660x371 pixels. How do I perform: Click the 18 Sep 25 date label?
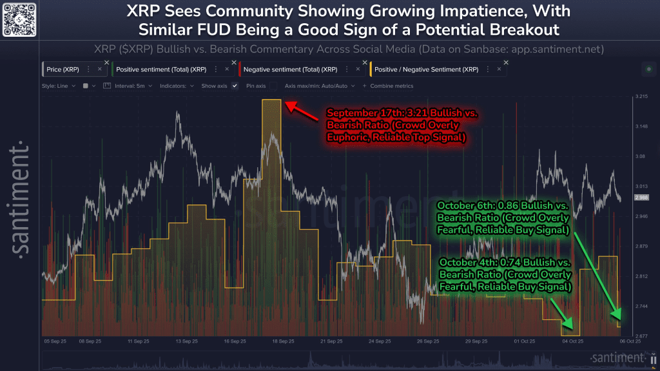tap(284, 341)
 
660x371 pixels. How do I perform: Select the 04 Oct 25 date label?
tap(572, 341)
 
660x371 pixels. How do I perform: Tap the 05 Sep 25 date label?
tap(55, 341)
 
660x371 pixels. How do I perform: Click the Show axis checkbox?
tap(235, 85)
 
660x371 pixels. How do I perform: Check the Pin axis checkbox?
tap(273, 85)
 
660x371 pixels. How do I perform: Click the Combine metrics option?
tap(391, 85)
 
